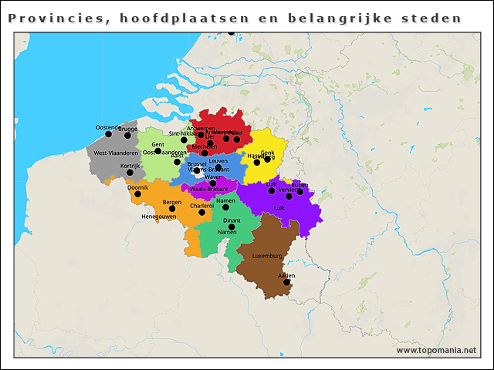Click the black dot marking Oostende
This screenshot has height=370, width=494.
click(x=108, y=134)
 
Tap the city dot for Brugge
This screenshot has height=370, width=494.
click(x=128, y=135)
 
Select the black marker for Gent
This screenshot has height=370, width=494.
click(x=157, y=151)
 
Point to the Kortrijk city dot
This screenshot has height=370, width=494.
click(x=130, y=172)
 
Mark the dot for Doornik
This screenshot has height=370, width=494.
click(x=137, y=193)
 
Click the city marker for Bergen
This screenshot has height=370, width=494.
click(x=172, y=208)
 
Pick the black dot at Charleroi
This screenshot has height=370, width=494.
click(x=202, y=212)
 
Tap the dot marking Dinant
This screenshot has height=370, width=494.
click(x=232, y=227)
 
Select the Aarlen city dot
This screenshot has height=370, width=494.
click(x=286, y=282)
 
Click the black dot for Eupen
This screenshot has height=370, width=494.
click(x=300, y=191)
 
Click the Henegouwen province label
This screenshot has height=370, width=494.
click(x=159, y=217)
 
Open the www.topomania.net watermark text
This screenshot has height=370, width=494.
click(x=436, y=351)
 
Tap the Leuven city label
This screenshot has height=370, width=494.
click(x=218, y=161)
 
